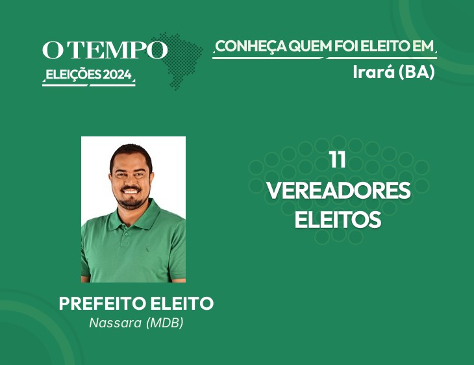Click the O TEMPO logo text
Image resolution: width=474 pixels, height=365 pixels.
(105, 50)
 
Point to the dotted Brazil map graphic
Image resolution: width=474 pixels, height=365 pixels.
(178, 60)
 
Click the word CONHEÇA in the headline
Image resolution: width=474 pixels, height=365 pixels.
(251, 47)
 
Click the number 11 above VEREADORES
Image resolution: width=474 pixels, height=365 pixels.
(338, 160)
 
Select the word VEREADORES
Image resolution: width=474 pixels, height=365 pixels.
(338, 190)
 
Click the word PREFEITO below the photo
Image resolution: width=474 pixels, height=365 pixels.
(103, 303)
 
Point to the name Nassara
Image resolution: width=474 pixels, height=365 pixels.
(115, 323)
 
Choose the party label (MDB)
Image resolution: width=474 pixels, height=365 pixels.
(165, 323)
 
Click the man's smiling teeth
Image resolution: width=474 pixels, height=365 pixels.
(131, 192)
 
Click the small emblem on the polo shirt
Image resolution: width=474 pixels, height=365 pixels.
(148, 249)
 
